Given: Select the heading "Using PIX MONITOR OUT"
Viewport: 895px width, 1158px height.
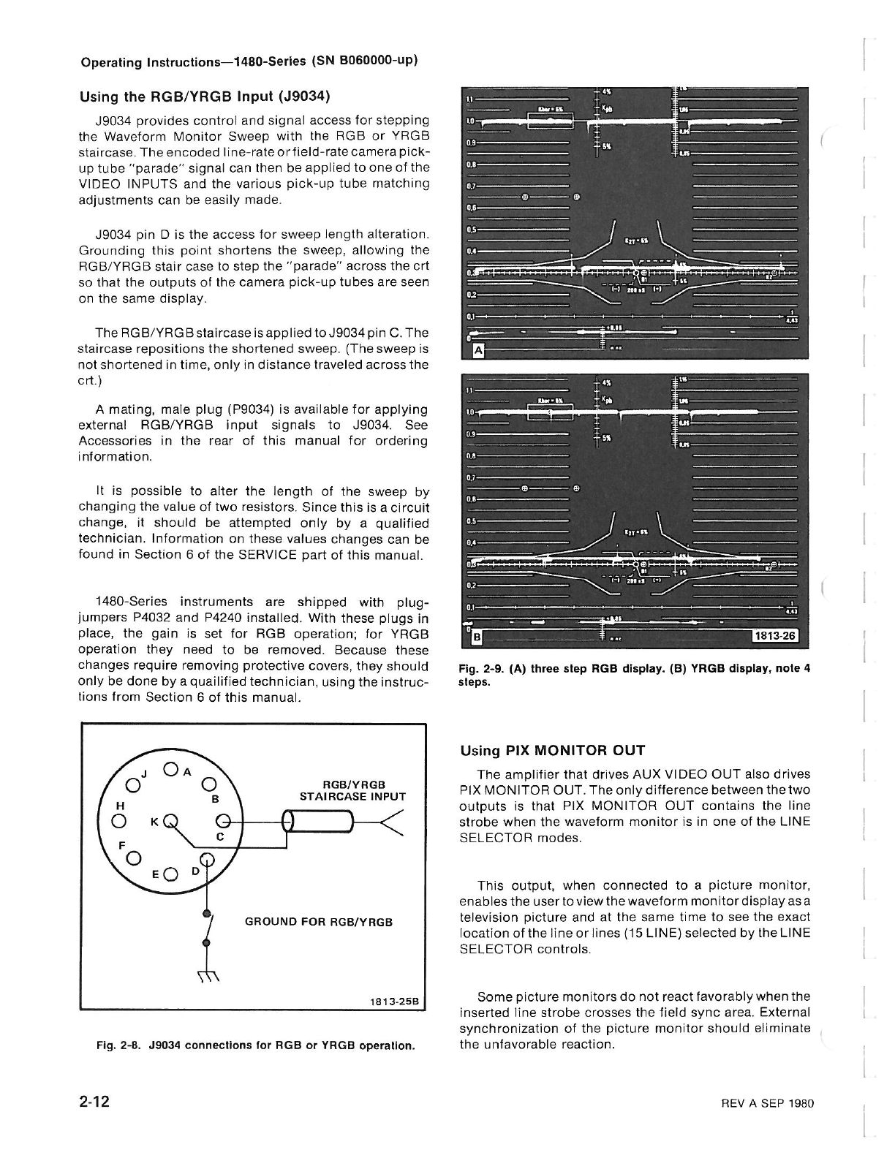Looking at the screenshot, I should (x=552, y=750).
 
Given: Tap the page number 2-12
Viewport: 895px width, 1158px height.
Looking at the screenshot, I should (x=95, y=1102).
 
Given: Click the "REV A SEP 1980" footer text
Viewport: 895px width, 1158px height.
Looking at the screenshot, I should (x=766, y=1104).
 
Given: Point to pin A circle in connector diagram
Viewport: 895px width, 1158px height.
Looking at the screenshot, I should (x=170, y=768).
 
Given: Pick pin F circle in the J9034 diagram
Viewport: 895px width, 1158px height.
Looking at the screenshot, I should (x=133, y=858).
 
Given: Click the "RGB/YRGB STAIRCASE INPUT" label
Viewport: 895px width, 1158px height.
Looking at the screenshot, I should (x=352, y=790).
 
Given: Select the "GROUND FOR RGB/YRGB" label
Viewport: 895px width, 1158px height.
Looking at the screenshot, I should (x=319, y=922).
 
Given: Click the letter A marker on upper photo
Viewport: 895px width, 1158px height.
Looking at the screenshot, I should (x=479, y=350).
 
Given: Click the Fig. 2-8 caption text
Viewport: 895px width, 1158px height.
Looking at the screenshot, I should (x=256, y=1045).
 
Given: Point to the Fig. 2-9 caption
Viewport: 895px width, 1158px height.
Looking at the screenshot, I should (x=634, y=675).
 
